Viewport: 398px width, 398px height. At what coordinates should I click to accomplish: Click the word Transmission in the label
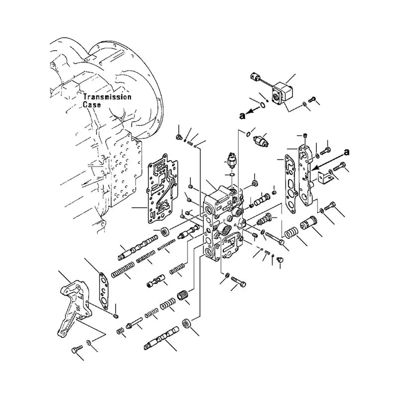tap(107, 97)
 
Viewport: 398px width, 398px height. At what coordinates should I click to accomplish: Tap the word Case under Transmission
tap(92, 104)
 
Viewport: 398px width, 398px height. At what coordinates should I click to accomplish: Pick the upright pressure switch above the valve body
tap(231, 161)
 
